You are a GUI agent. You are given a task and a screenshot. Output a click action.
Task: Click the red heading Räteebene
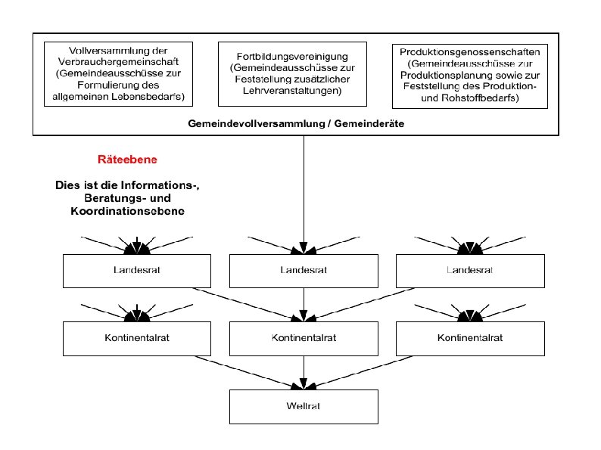pos(127,160)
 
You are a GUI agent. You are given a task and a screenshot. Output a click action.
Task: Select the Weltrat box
pos(304,407)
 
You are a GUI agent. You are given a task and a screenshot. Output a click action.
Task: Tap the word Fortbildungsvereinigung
pos(292,57)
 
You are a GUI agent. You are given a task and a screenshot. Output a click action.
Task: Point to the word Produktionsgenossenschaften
pos(470,52)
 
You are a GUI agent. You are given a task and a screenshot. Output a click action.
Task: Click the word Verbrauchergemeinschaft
pos(118,62)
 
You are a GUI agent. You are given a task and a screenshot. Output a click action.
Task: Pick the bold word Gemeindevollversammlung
pos(257,124)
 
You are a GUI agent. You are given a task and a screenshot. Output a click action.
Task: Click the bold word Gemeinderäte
pos(369,124)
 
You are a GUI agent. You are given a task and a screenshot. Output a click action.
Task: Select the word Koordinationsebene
pos(128,211)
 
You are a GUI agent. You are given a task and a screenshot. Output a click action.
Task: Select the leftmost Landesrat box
pos(137,271)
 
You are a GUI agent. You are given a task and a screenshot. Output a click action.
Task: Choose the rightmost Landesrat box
pos(470,271)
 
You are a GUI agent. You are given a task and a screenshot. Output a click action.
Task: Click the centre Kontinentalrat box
pos(304,339)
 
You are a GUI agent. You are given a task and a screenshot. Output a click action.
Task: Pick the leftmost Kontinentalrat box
pos(137,339)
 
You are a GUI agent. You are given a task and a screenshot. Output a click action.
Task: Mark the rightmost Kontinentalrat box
pos(470,339)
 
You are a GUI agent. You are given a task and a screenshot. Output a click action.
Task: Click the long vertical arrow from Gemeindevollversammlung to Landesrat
pos(304,194)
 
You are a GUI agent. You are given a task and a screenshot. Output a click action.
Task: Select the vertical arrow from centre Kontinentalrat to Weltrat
pos(304,373)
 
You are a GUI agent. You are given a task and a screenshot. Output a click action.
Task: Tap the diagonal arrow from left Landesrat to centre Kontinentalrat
pos(248,305)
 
